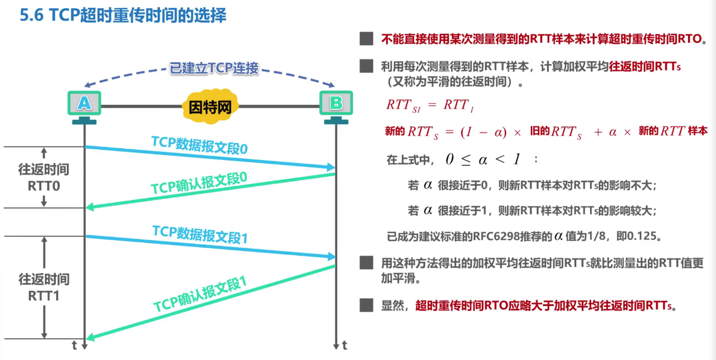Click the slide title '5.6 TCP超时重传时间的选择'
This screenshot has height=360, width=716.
point(123,16)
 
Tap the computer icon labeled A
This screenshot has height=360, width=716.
point(84,104)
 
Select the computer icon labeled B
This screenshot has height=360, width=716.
point(336,104)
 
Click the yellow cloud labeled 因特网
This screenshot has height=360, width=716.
point(210,106)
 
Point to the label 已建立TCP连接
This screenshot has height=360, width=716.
point(214,69)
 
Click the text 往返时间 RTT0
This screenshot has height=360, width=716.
point(44,178)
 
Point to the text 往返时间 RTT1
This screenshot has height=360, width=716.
point(44,287)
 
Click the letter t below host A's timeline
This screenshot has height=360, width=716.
point(75,346)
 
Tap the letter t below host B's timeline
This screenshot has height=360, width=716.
point(345,346)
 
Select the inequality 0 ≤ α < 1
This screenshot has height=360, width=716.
point(483,159)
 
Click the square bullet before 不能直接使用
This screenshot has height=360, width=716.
point(366,39)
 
